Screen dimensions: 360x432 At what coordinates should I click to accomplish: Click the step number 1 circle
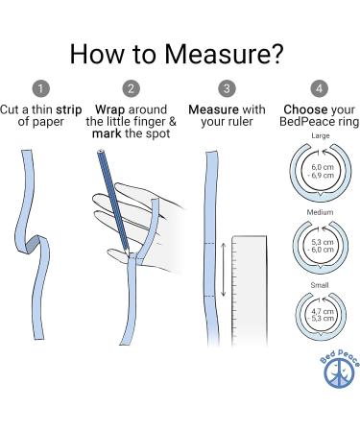tap(40, 88)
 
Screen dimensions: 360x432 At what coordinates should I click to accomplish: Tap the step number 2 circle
tap(132, 88)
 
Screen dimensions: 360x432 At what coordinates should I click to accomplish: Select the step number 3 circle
tap(227, 88)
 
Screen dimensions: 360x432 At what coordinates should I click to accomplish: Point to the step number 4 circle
tap(319, 88)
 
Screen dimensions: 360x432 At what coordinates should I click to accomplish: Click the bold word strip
tap(69, 110)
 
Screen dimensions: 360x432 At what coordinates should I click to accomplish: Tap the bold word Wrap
tap(109, 110)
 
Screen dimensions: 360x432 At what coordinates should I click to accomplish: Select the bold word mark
tap(107, 133)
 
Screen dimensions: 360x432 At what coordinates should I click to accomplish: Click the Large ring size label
tap(321, 135)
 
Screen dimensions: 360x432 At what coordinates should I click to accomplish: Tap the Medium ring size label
tap(320, 212)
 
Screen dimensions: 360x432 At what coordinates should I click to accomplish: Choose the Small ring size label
tap(320, 285)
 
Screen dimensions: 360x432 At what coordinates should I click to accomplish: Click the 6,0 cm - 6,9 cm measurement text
tap(322, 171)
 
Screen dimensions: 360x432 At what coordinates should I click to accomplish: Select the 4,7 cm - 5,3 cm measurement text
tap(322, 315)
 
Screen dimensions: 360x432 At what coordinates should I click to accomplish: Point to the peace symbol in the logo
tap(339, 373)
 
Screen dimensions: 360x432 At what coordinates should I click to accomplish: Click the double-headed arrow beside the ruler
tap(224, 270)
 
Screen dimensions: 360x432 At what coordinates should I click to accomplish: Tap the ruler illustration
tap(250, 291)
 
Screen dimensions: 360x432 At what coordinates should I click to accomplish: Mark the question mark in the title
tap(277, 54)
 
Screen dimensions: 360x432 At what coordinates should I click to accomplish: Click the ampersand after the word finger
tap(172, 122)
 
